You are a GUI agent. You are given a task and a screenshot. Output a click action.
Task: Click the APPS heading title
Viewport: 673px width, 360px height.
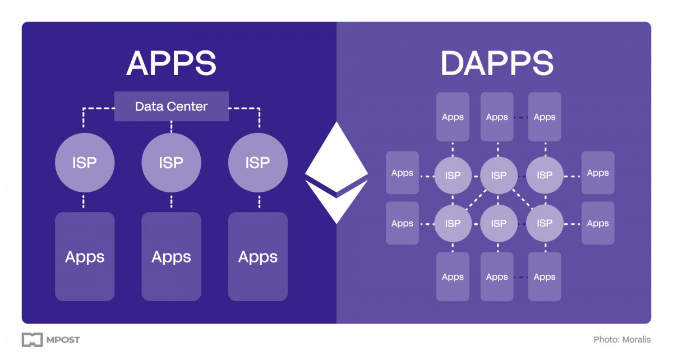click(x=171, y=63)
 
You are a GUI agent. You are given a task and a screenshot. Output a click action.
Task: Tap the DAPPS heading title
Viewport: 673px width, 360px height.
click(x=497, y=63)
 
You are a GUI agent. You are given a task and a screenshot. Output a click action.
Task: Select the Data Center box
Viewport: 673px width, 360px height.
click(x=171, y=106)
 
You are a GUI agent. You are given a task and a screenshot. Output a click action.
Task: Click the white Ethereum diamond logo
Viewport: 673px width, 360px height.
click(x=336, y=172)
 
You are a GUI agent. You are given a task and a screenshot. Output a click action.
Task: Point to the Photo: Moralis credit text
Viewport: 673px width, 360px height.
click(x=622, y=340)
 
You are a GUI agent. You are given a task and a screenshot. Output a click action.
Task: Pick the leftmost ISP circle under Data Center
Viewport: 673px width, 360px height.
click(x=85, y=163)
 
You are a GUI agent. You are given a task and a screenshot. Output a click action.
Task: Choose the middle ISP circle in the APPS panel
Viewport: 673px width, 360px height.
click(x=171, y=163)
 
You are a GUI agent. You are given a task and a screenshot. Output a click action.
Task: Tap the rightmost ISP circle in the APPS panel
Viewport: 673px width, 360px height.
click(x=258, y=163)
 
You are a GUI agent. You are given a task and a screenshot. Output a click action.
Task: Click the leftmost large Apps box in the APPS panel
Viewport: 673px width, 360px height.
click(x=85, y=257)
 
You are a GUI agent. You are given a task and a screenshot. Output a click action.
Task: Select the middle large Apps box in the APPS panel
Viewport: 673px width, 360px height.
click(x=171, y=257)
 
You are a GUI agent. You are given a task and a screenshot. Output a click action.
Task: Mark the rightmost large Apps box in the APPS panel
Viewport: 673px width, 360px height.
click(x=258, y=257)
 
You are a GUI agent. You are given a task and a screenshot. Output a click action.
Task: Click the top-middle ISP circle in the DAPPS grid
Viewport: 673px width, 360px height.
click(x=499, y=175)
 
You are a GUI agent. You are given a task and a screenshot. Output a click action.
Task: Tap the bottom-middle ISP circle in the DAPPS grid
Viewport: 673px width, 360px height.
click(x=499, y=223)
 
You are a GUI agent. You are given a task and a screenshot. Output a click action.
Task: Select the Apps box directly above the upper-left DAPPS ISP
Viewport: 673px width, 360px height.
click(x=453, y=117)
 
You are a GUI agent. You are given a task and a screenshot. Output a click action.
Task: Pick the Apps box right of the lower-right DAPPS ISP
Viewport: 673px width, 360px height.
click(x=598, y=223)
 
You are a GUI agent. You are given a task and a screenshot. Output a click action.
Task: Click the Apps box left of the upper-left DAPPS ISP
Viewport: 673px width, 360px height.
click(x=402, y=173)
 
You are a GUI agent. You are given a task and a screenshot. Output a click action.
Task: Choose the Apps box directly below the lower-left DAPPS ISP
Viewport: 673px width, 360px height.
click(x=453, y=276)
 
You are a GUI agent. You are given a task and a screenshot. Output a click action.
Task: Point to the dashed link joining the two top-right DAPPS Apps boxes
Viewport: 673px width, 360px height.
click(x=521, y=117)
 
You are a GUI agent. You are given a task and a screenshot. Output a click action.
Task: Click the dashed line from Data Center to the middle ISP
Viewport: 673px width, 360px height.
click(x=171, y=128)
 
